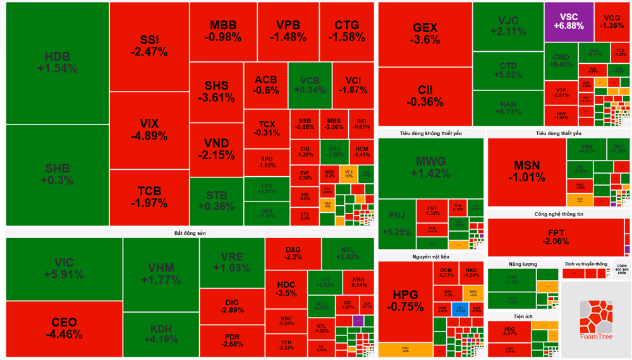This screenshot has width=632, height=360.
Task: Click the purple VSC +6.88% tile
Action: [x=568, y=21]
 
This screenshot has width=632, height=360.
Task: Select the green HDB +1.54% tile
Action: [x=57, y=63]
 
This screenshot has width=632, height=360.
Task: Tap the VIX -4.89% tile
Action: [x=149, y=129]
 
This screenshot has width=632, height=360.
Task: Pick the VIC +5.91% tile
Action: [x=64, y=268]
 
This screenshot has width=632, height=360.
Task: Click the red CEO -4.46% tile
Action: [x=64, y=328]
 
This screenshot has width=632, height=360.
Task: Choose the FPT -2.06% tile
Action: [x=557, y=237]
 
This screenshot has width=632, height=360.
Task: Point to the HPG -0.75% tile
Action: [x=404, y=300]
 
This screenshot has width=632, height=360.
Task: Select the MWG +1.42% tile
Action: [x=430, y=167]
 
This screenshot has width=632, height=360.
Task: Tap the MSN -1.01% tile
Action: [x=526, y=171]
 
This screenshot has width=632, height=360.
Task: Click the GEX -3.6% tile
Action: [x=425, y=33]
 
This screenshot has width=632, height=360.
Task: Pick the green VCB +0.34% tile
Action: [x=310, y=85]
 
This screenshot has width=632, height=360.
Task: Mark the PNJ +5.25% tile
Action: [x=396, y=224]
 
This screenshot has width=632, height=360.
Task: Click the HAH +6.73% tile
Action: [x=508, y=108]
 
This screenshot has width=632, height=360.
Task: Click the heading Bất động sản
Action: [x=190, y=233]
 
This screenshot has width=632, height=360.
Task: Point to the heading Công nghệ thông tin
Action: [x=558, y=214]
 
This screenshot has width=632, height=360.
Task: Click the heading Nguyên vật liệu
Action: [x=430, y=257]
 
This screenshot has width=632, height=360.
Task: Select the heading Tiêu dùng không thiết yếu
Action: [x=430, y=134]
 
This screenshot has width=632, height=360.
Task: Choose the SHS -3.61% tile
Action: [x=216, y=92]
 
